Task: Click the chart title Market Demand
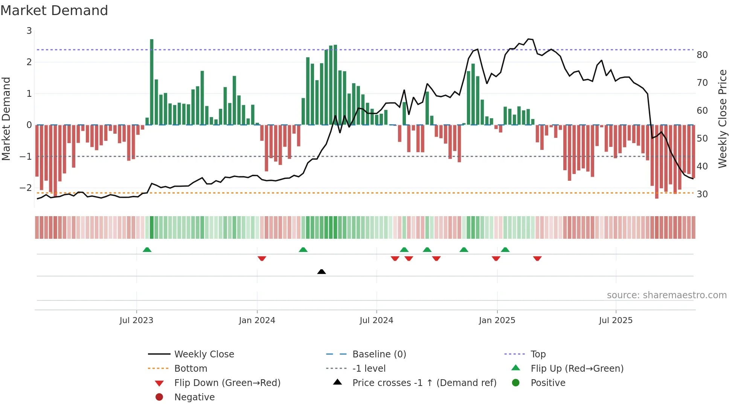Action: tap(54, 11)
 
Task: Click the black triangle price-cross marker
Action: tap(322, 272)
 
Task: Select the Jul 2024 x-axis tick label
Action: tap(376, 320)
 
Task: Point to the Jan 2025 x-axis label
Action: tap(497, 320)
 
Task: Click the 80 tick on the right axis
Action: tap(702, 55)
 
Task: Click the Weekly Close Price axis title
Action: tap(722, 119)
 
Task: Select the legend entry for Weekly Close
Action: tap(204, 354)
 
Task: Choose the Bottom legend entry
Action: tap(191, 368)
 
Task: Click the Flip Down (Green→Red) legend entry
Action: tap(227, 383)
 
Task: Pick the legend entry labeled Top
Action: tap(538, 354)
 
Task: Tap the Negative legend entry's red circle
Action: tap(159, 397)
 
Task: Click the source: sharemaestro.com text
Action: tap(666, 295)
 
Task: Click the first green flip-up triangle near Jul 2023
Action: tap(147, 250)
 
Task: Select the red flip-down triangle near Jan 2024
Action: tap(262, 258)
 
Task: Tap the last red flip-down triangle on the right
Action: tap(537, 258)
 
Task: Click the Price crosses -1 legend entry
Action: tap(424, 383)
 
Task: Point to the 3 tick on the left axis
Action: tap(29, 31)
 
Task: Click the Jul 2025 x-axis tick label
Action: tap(616, 320)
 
